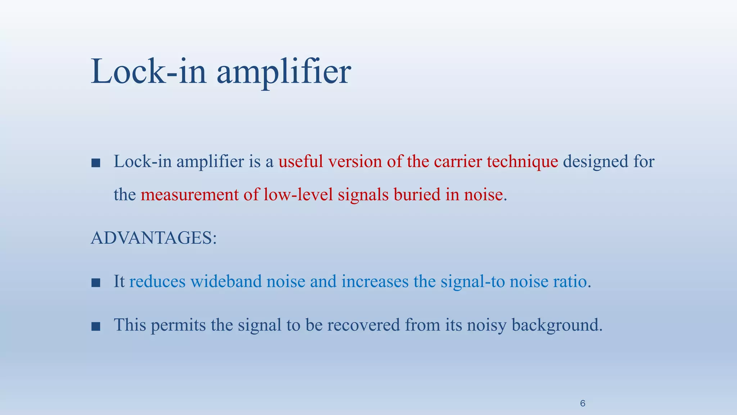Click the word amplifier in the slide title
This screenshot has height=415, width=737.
(283, 72)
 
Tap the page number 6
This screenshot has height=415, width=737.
(583, 403)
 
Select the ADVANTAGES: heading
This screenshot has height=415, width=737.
(154, 238)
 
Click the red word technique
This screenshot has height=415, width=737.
(522, 162)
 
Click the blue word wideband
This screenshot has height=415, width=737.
(226, 281)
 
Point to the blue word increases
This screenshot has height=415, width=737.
(375, 281)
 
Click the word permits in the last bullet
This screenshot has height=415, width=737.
(179, 325)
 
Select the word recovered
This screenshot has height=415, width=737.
(363, 325)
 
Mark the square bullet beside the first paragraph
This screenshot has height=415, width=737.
(96, 163)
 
